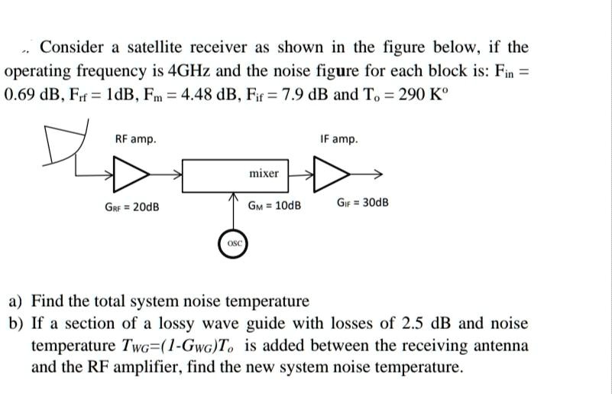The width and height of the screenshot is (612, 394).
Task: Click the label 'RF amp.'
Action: tap(135, 139)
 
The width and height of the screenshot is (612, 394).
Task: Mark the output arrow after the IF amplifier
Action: tap(373, 174)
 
